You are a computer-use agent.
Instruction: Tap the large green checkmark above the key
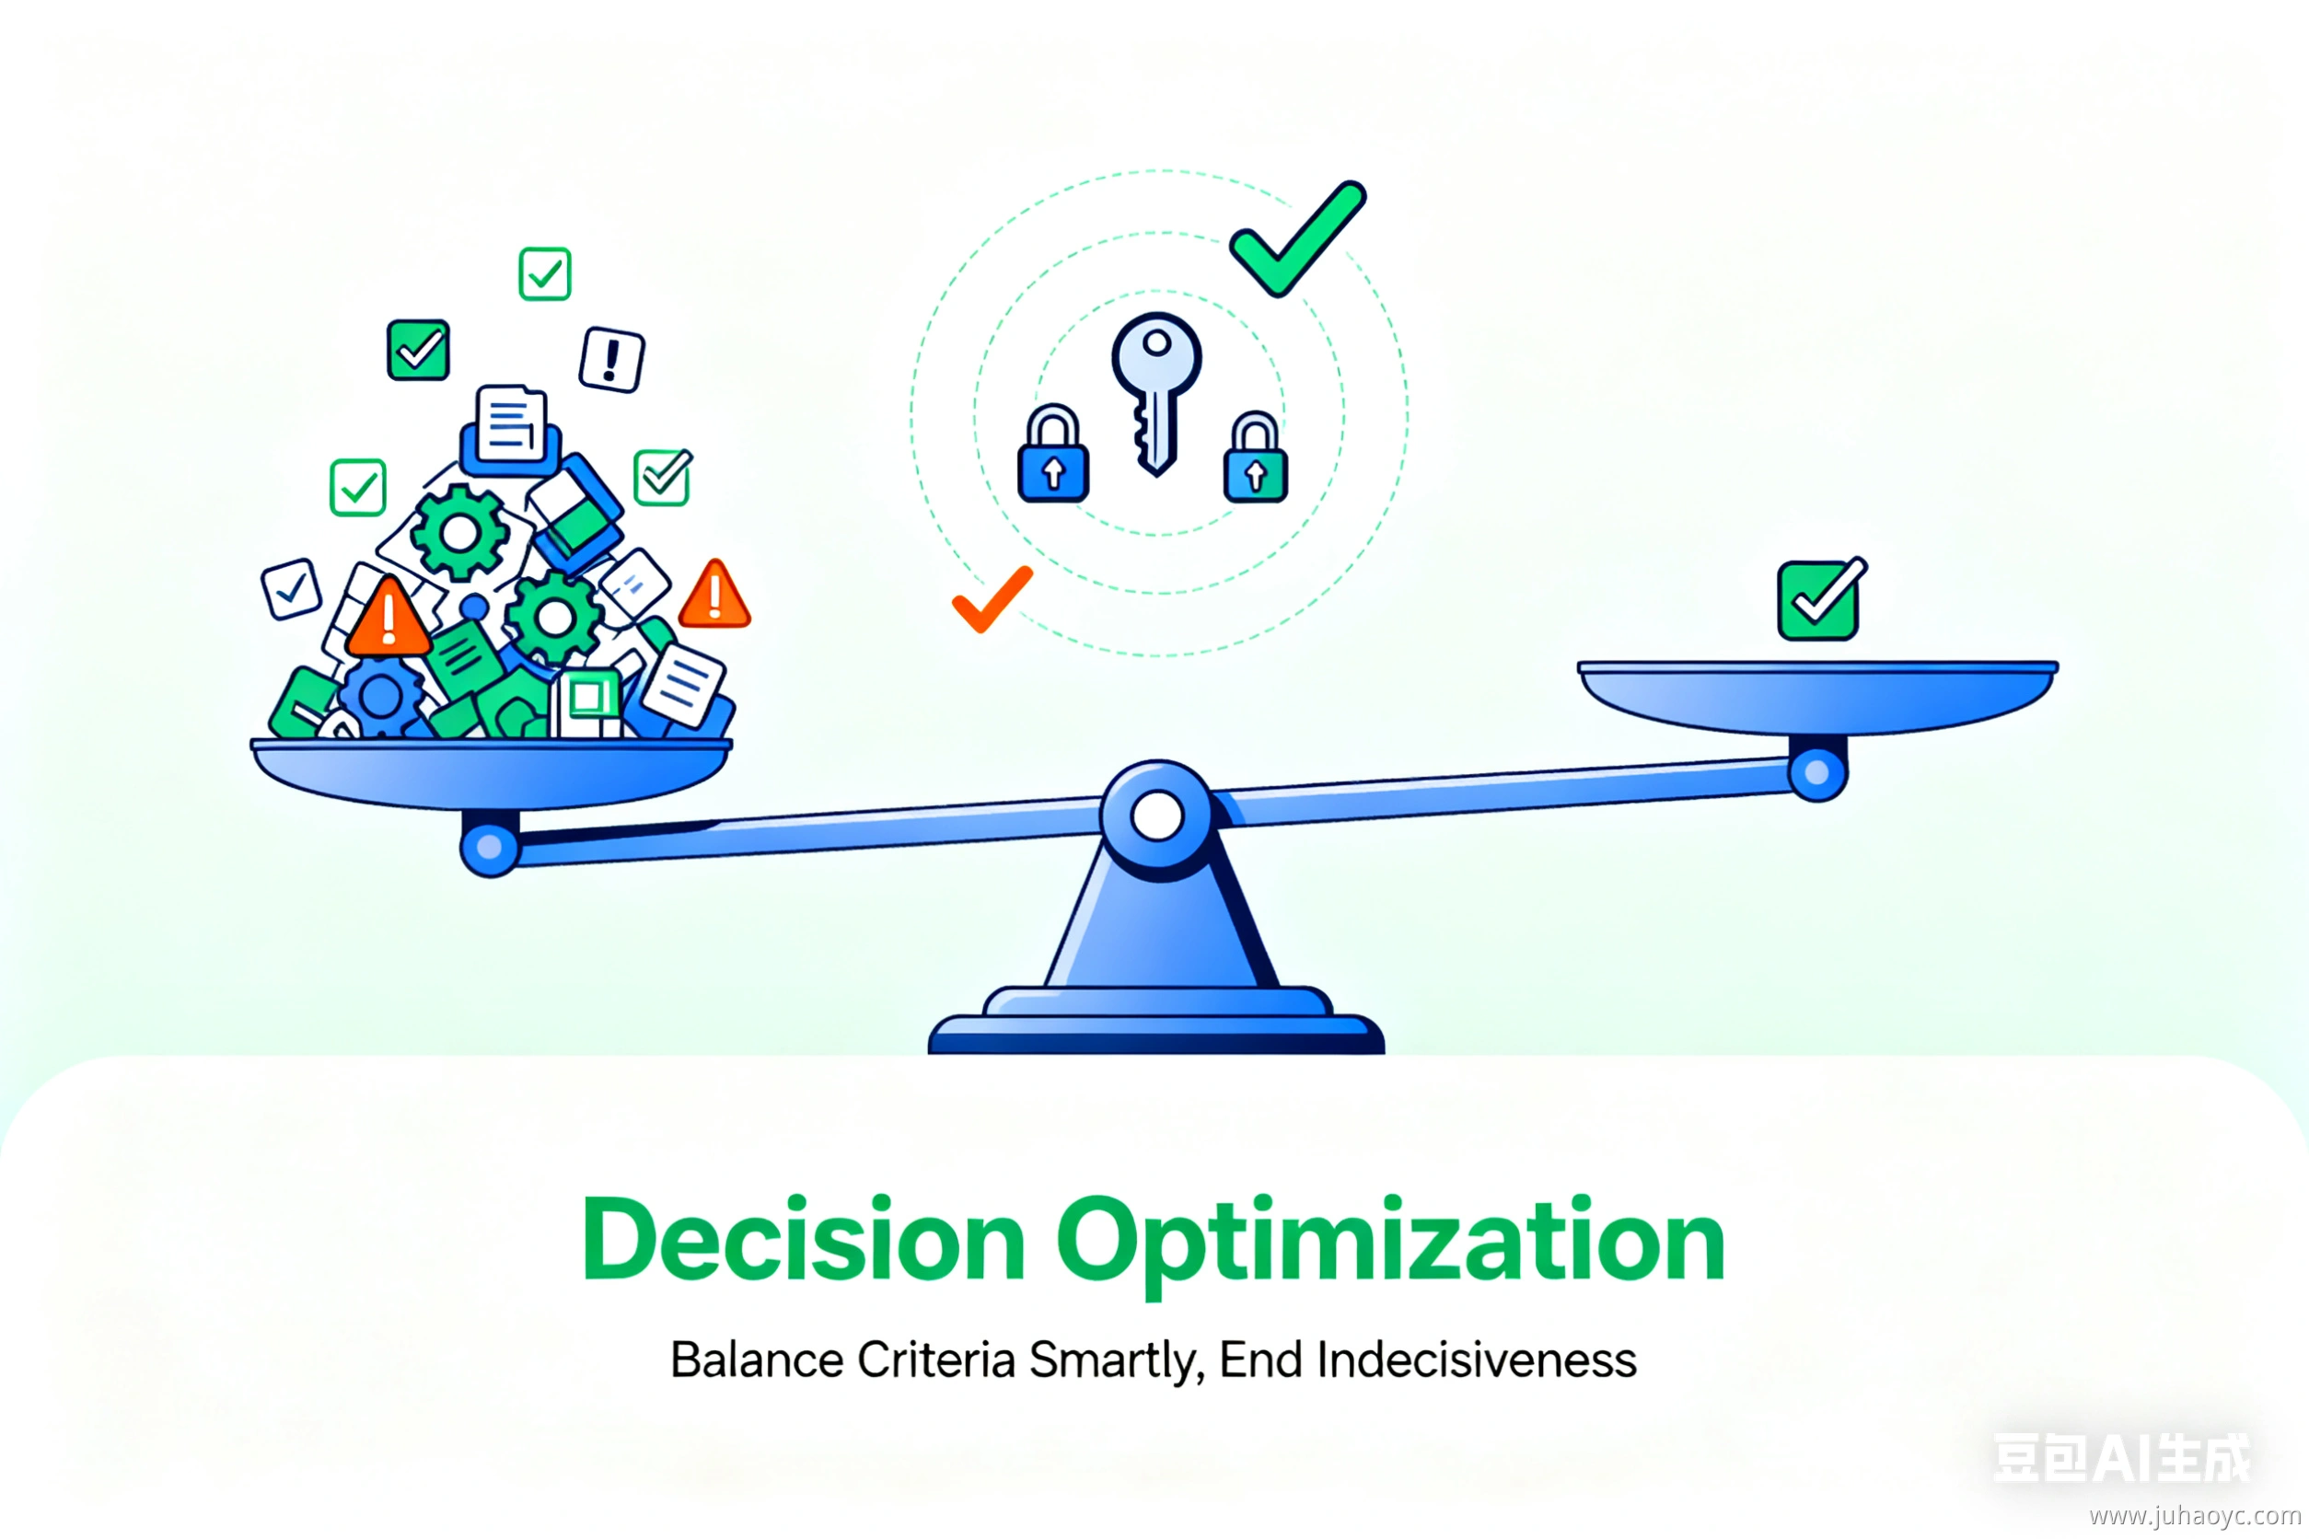[1298, 238]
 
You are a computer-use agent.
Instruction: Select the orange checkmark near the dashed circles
[992, 598]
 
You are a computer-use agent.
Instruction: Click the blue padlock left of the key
[1053, 454]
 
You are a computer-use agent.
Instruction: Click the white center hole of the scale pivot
[1157, 816]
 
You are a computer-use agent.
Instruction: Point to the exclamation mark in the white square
[611, 359]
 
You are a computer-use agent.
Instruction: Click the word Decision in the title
[804, 1240]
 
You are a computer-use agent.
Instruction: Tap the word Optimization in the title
[1390, 1244]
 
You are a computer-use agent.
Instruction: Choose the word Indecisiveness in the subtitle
[1477, 1360]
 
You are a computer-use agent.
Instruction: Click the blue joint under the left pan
[489, 846]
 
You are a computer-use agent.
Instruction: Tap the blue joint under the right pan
[1817, 772]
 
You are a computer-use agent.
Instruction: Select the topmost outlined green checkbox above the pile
[545, 274]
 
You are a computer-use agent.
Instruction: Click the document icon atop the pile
[510, 423]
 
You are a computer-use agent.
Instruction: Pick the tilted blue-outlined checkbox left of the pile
[292, 589]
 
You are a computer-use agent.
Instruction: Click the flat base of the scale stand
[1156, 1035]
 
